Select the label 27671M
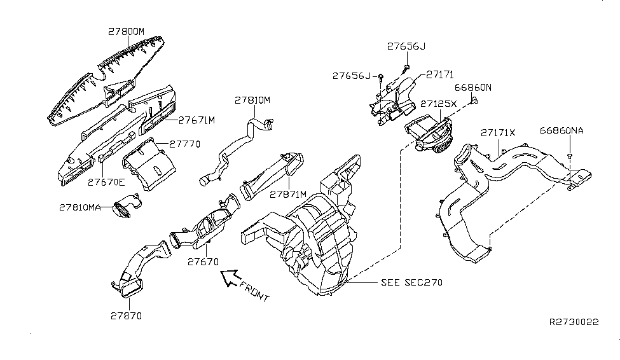(197, 120)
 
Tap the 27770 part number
(186, 144)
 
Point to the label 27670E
(106, 181)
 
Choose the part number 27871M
(288, 193)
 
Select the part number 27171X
(498, 133)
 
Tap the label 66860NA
(562, 130)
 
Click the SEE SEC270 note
(411, 282)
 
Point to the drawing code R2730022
(574, 322)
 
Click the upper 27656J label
(406, 46)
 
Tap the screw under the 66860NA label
(570, 155)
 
